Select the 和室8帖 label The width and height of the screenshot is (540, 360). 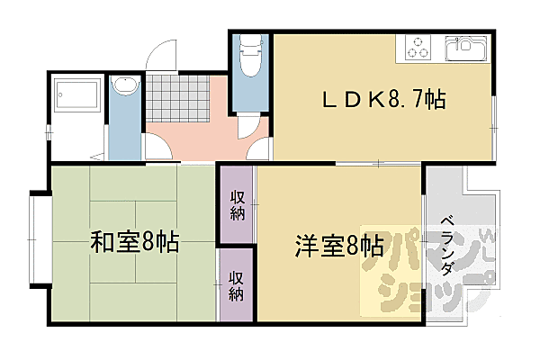[134, 241]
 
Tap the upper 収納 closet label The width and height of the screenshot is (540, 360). [237, 205]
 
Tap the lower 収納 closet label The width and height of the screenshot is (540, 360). [237, 285]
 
